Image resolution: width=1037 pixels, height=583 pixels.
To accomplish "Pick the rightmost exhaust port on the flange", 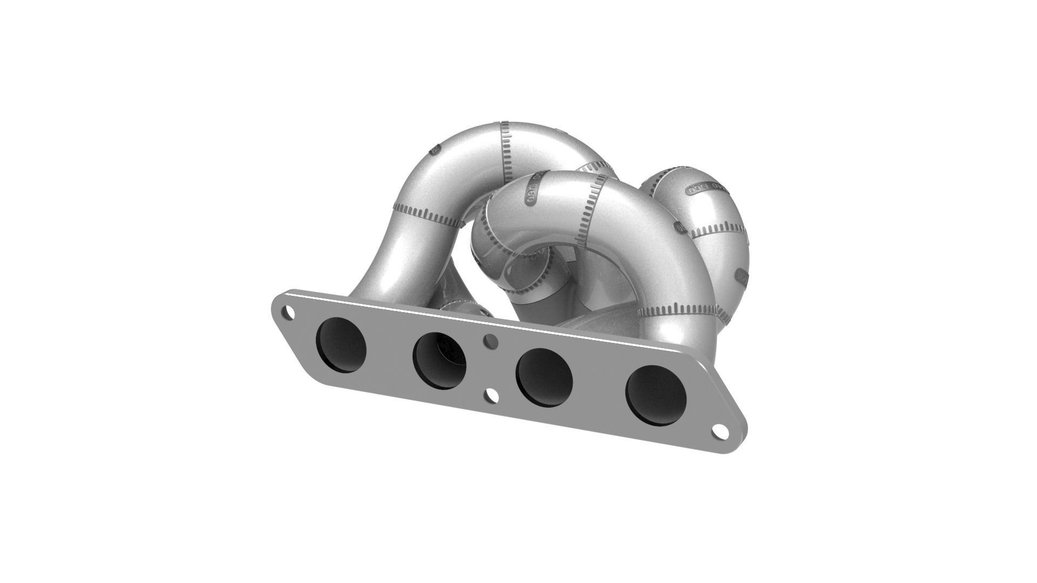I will [656, 395].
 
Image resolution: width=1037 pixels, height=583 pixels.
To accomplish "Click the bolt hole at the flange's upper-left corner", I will [289, 312].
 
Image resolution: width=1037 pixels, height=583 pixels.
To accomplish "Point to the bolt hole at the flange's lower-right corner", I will [719, 430].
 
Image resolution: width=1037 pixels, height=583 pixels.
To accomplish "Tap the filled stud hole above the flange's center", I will [490, 340].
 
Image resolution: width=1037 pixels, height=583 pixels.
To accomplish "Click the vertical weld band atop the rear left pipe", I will [506, 151].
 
